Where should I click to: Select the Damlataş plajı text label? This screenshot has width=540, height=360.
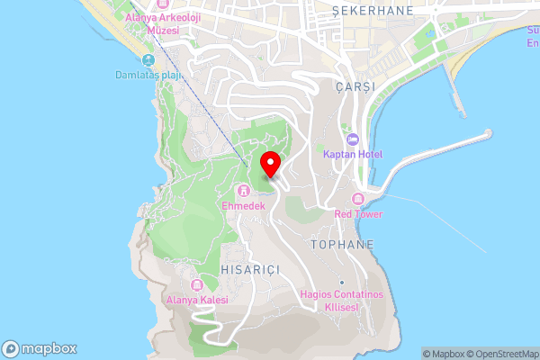click(149, 75)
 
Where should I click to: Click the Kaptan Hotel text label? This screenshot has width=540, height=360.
click(352, 154)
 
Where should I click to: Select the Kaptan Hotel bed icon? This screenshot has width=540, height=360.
click(352, 139)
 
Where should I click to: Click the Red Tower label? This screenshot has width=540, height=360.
click(358, 214)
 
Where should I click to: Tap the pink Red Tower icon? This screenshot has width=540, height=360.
click(358, 199)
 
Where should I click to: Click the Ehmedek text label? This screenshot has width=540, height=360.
click(243, 205)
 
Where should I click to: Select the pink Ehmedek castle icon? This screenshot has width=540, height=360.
click(243, 190)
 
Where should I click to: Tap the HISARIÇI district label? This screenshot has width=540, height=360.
click(250, 269)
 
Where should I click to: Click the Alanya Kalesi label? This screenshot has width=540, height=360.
click(197, 300)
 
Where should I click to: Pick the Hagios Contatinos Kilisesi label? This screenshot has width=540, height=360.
click(341, 301)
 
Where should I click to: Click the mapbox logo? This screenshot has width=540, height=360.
click(39, 348)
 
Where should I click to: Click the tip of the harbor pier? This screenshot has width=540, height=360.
click(489, 133)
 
